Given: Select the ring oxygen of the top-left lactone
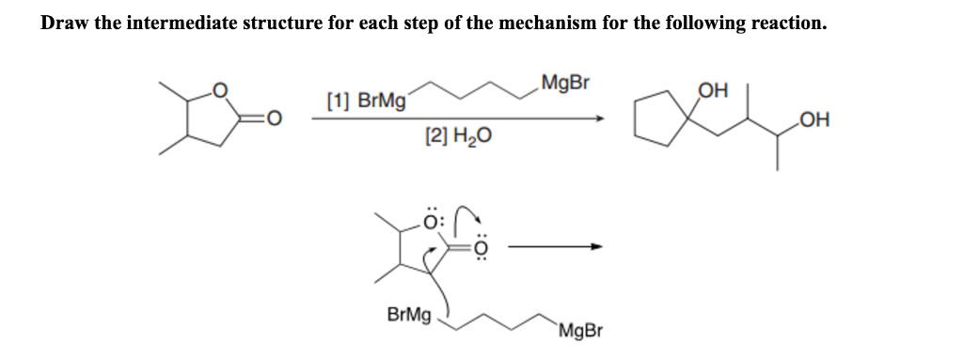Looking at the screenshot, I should (x=221, y=91).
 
